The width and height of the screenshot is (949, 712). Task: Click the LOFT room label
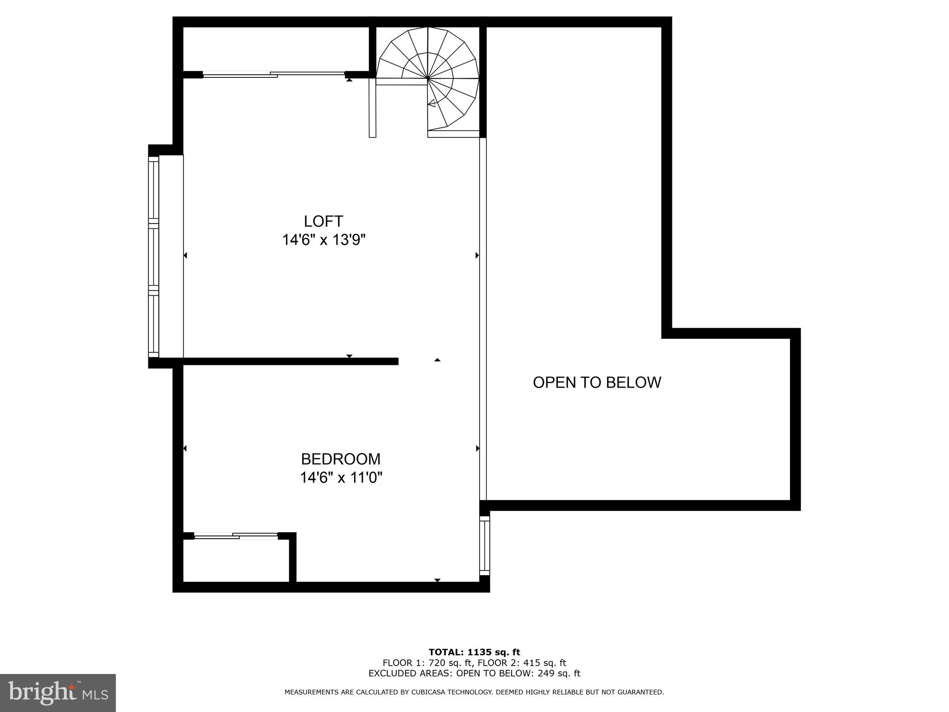point(323,221)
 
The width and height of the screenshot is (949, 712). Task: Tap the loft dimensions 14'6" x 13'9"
point(324,240)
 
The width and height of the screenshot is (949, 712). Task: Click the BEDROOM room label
point(341,459)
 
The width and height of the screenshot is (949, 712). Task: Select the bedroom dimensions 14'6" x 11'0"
point(341,477)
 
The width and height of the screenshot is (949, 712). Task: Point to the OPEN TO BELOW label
point(597,382)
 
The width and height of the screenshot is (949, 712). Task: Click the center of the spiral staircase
point(427,78)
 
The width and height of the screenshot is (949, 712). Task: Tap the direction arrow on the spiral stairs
point(431,103)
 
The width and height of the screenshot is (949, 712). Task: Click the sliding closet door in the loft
point(273,74)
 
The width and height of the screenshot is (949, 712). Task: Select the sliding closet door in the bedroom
point(235,536)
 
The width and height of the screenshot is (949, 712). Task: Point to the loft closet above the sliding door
point(276,49)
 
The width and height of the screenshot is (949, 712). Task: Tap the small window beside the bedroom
point(484,545)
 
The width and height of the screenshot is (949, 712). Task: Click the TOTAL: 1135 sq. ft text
point(474,653)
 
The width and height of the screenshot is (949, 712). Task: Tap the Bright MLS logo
point(58,693)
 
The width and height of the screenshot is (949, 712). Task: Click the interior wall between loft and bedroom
point(291,361)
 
